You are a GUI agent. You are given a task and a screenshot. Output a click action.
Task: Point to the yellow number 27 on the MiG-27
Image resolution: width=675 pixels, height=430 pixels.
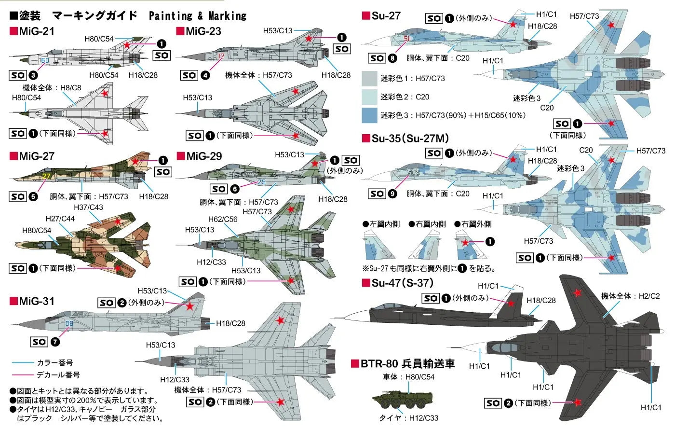pyautogui.click(x=46, y=176)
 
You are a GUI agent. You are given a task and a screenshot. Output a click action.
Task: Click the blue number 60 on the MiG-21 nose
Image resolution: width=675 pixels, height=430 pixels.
pyautogui.click(x=45, y=60)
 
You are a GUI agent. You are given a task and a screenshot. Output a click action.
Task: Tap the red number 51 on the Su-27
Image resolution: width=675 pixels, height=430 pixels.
pyautogui.click(x=407, y=39)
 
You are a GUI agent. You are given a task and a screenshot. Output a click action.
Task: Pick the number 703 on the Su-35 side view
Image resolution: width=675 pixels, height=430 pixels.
pyautogui.click(x=413, y=173)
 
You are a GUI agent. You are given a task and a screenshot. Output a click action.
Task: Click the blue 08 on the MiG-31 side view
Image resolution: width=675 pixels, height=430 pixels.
pyautogui.click(x=69, y=324)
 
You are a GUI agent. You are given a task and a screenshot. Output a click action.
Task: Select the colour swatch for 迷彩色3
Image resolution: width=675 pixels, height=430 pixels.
pyautogui.click(x=369, y=115)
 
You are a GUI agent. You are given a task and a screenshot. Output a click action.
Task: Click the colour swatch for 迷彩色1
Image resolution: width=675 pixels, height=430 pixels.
pyautogui.click(x=369, y=78)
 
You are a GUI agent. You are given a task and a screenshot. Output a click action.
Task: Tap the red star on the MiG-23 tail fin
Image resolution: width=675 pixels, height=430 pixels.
pyautogui.click(x=309, y=38)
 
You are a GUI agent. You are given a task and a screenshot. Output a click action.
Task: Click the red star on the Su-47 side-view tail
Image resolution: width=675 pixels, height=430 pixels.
pyautogui.click(x=511, y=303)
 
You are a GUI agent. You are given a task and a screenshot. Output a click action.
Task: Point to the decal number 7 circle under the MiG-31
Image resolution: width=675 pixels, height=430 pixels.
pyautogui.click(x=55, y=342)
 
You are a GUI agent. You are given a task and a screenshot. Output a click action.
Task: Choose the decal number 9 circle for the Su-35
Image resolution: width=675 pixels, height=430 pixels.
pyautogui.click(x=392, y=194)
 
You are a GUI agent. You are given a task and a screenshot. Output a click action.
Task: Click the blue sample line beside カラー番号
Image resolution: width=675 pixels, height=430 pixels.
pyautogui.click(x=23, y=363)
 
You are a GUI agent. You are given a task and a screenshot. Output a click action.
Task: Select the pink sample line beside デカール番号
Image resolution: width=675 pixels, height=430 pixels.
pyautogui.click(x=23, y=375)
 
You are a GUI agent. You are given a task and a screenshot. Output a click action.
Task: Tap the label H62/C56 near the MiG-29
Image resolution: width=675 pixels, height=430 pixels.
pyautogui.click(x=223, y=219)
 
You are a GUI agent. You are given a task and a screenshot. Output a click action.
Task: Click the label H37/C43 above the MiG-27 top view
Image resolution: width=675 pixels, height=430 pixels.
pyautogui.click(x=88, y=208)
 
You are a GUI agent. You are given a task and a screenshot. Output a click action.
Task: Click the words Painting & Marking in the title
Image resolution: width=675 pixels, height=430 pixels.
pyautogui.click(x=198, y=15)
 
